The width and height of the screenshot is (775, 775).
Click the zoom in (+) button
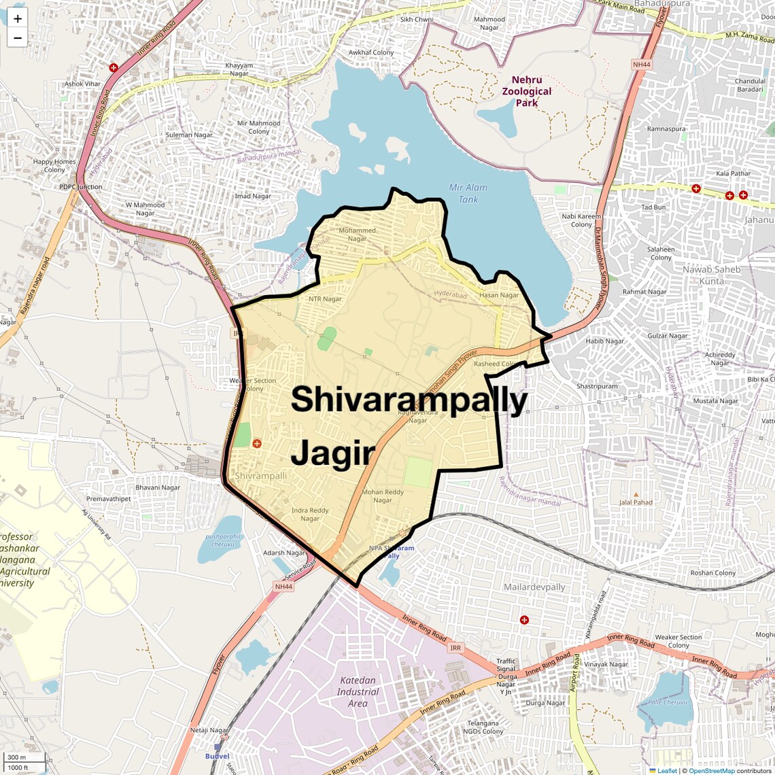coord(18,18)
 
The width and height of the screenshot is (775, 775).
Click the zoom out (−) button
coord(18,38)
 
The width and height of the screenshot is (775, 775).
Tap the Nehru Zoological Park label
coord(526,91)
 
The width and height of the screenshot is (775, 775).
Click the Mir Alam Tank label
coord(468,193)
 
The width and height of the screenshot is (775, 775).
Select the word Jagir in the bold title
coord(333,453)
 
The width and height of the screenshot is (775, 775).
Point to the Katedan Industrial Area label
coord(358,691)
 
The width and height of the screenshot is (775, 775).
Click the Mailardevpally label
coord(534,587)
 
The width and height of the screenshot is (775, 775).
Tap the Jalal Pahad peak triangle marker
coord(636,495)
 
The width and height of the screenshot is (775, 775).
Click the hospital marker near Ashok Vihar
coord(114,68)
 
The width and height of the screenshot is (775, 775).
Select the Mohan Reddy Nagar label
coord(382,496)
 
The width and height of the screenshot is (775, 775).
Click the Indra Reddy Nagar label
coord(310,514)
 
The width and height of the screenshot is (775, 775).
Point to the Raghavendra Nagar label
coord(417,416)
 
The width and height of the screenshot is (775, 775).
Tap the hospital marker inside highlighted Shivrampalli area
coord(257,443)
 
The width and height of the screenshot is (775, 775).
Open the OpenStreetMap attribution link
coord(711,770)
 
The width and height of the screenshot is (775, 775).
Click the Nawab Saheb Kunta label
coord(711,275)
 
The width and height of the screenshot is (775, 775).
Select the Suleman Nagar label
coord(189,135)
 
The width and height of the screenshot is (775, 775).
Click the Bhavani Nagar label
coord(158,487)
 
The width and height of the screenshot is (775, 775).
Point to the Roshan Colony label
coord(712,572)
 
